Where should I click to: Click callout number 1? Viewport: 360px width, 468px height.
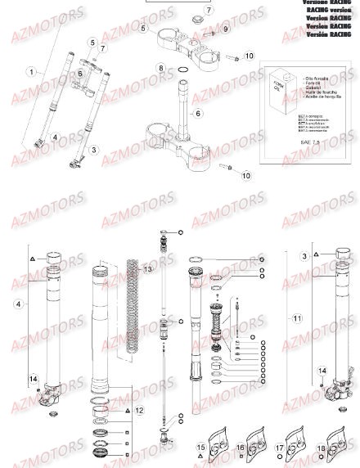pyautogui.click(x=31, y=72)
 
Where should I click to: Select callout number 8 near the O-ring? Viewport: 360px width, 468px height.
pyautogui.click(x=161, y=67)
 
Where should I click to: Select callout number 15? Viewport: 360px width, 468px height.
pyautogui.click(x=200, y=448)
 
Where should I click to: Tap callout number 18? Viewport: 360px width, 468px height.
pyautogui.click(x=321, y=449)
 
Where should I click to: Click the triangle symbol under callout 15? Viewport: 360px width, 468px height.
pyautogui.click(x=200, y=459)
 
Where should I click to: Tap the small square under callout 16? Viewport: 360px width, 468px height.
pyautogui.click(x=241, y=459)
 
